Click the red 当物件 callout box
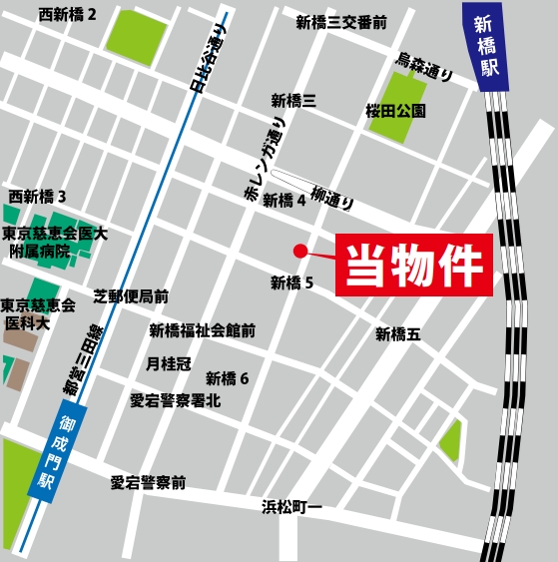click(413, 266)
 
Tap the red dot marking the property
click(298, 251)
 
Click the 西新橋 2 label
click(68, 15)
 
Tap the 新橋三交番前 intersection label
click(341, 22)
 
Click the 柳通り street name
click(332, 197)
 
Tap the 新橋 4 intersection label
click(284, 201)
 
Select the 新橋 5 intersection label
click(291, 283)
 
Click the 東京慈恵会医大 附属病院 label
click(54, 243)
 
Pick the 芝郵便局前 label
click(131, 296)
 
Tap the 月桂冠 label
click(168, 364)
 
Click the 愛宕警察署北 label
click(176, 401)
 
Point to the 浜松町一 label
click(292, 506)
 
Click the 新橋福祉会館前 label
click(203, 330)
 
